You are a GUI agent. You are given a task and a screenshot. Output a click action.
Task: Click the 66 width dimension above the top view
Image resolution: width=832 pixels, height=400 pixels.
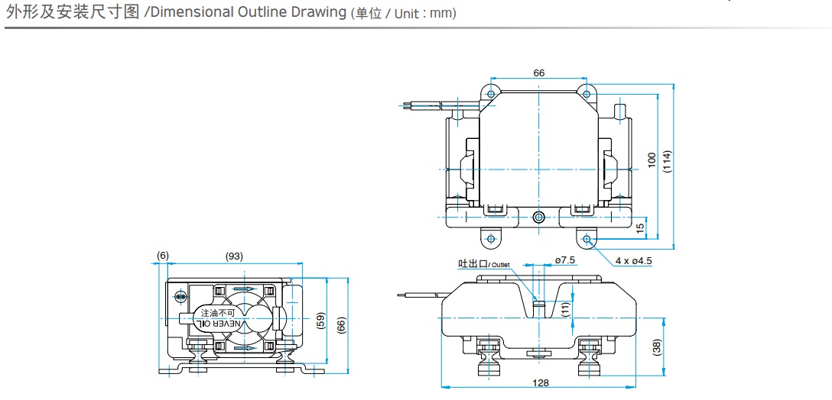click(539, 73)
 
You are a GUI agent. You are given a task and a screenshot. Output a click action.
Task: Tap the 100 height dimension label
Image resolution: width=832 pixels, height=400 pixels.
click(652, 160)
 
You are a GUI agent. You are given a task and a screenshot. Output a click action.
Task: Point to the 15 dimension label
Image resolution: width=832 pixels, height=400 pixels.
click(641, 227)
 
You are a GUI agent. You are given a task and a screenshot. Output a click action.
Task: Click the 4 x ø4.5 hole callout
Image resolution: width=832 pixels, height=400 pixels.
click(633, 260)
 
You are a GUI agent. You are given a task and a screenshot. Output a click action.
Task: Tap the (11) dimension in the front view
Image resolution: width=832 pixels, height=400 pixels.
click(564, 309)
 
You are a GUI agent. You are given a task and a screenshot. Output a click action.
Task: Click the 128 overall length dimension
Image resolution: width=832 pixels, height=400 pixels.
click(541, 383)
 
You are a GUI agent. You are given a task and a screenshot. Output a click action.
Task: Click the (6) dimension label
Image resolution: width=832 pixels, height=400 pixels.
click(162, 256)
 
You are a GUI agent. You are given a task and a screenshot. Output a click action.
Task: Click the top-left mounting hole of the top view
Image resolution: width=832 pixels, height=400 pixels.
click(490, 93)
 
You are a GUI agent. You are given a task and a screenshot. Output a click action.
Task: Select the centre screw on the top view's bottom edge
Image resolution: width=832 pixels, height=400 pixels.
click(539, 218)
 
